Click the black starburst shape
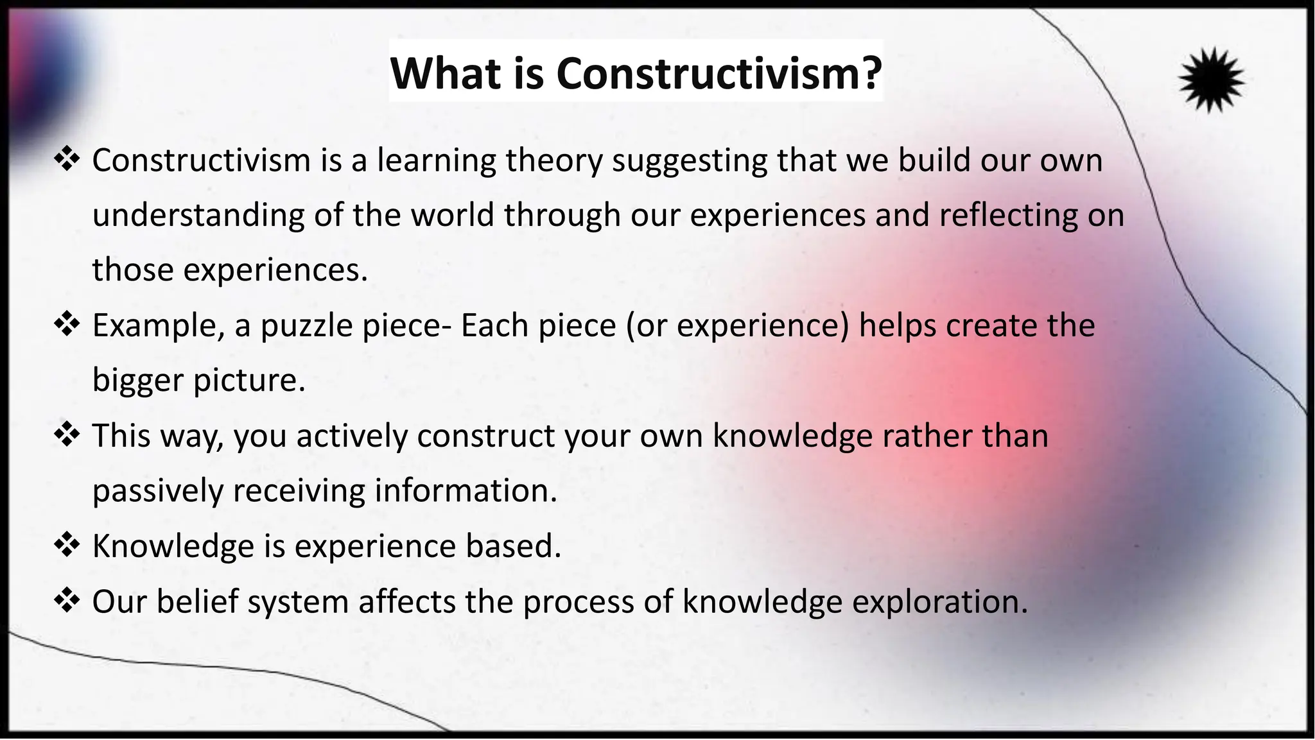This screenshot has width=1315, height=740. pyautogui.click(x=1211, y=80)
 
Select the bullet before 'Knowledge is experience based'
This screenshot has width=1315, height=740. pyautogui.click(x=67, y=546)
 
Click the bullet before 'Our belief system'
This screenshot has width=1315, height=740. pyautogui.click(x=67, y=601)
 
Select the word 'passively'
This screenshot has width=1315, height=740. pyautogui.click(x=157, y=491)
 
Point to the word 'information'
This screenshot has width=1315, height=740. pyautogui.click(x=466, y=491)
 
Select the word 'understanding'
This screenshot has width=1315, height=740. pyautogui.click(x=198, y=215)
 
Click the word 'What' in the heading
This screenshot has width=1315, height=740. pyautogui.click(x=446, y=73)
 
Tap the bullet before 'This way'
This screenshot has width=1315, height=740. pyautogui.click(x=67, y=435)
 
